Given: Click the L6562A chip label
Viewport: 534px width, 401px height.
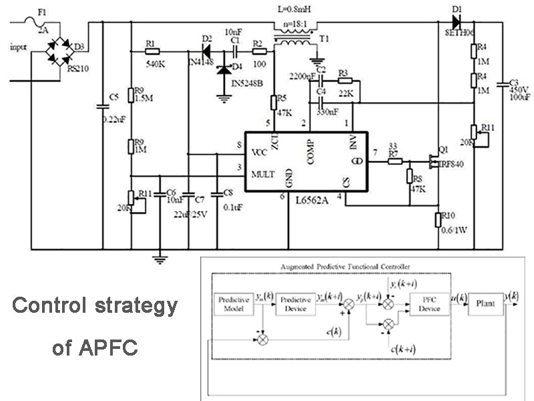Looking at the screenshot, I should [x=297, y=198].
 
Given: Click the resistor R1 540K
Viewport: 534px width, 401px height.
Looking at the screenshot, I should [x=152, y=50].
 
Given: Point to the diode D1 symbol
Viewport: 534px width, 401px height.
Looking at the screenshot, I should [x=459, y=22].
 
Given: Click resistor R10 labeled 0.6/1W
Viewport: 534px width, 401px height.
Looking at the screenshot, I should [x=437, y=219].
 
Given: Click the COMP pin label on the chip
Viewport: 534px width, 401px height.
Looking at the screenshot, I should [x=311, y=150].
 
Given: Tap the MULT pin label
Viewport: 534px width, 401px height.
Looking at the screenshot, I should [x=263, y=174].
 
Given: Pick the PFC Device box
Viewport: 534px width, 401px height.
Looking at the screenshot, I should [x=429, y=304].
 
